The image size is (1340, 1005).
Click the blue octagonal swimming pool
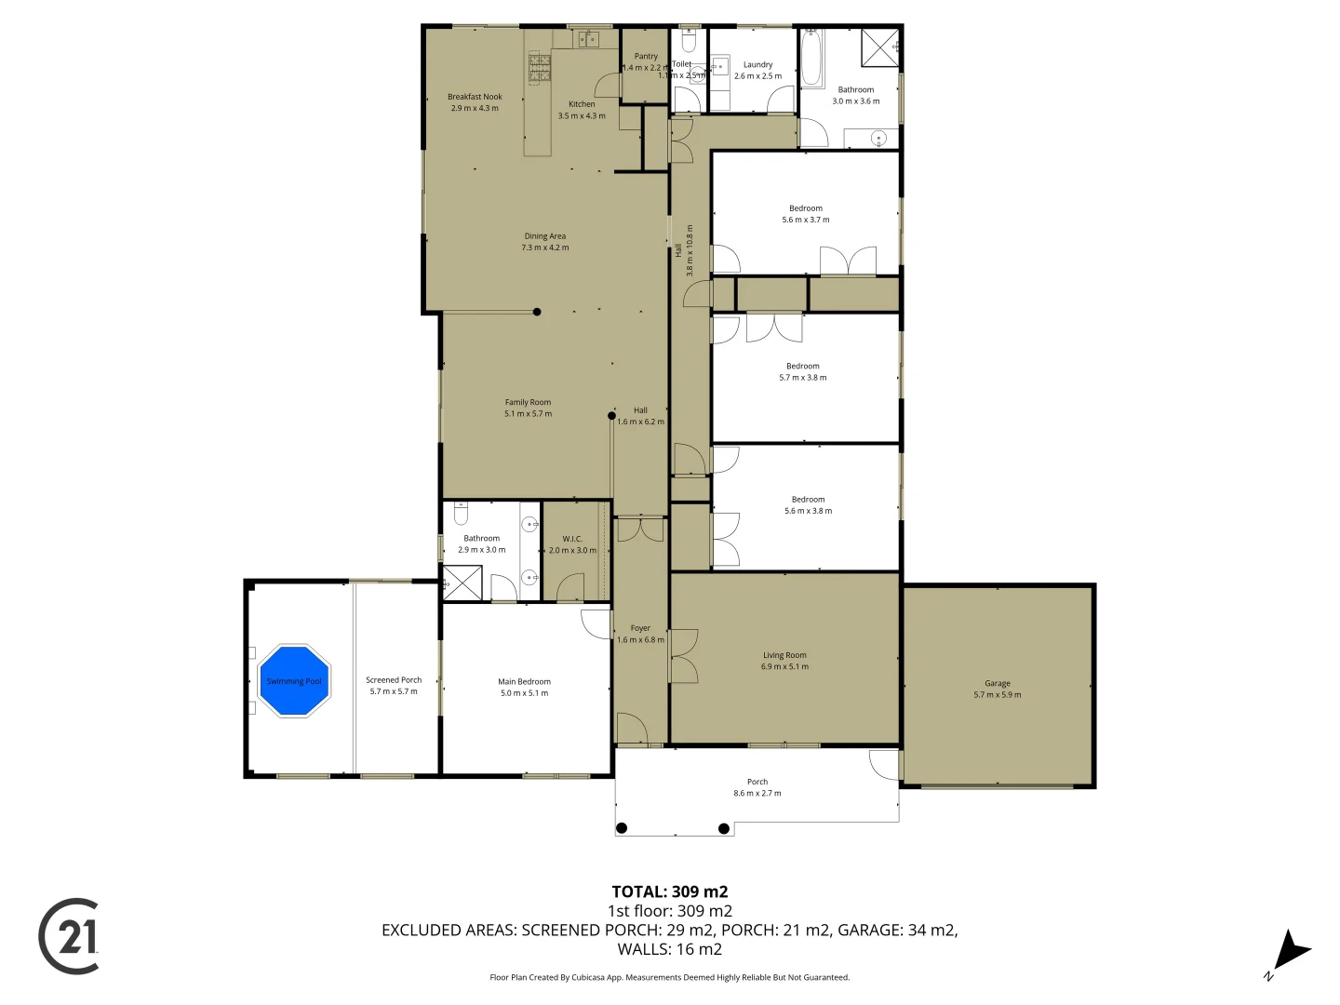pyautogui.click(x=294, y=680)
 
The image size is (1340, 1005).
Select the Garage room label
pyautogui.click(x=997, y=683)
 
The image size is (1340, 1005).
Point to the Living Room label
pyautogui.click(x=784, y=655)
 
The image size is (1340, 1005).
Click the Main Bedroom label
pyautogui.click(x=524, y=681)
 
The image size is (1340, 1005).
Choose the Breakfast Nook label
pyautogui.click(x=475, y=97)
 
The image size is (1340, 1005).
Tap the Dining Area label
pyautogui.click(x=544, y=236)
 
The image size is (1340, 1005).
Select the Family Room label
pyautogui.click(x=528, y=402)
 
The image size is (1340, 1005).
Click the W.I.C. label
pyautogui.click(x=572, y=539)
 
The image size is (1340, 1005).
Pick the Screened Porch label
pyautogui.click(x=394, y=679)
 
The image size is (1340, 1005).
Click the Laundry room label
pyautogui.click(x=757, y=64)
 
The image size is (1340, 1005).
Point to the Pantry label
pyautogui.click(x=646, y=56)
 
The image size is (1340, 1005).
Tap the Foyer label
pyautogui.click(x=640, y=628)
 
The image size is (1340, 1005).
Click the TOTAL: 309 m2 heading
pyautogui.click(x=669, y=891)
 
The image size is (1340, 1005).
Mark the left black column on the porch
pyautogui.click(x=622, y=828)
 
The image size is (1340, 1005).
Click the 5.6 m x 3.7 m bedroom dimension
pyautogui.click(x=806, y=220)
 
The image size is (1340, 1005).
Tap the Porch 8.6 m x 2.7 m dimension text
pyautogui.click(x=757, y=794)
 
